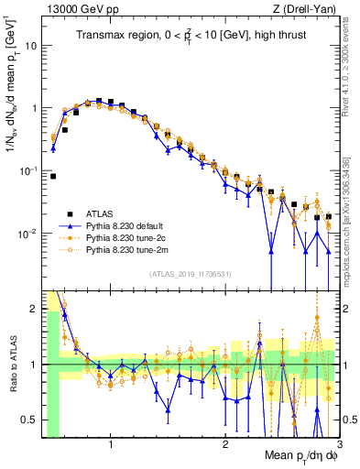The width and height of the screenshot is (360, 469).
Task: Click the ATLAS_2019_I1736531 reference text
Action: pos(191,273)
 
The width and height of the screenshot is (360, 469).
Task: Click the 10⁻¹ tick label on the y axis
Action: pos(29,170)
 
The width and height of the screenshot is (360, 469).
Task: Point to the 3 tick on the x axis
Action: pos(338,446)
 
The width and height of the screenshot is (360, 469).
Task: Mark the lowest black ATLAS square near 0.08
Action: pos(53,176)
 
